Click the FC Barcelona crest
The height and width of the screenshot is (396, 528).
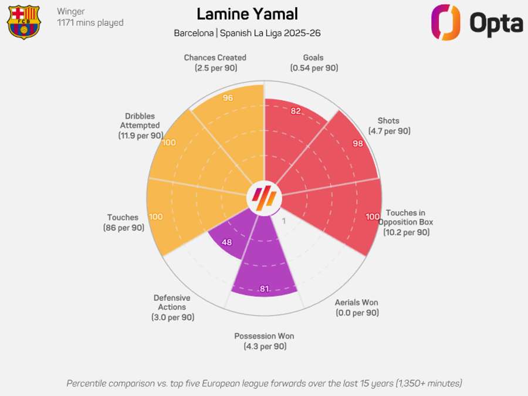pyautogui.click(x=23, y=22)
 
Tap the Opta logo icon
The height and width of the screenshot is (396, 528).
pyautogui.click(x=446, y=22)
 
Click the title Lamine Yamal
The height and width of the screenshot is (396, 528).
pyautogui.click(x=247, y=14)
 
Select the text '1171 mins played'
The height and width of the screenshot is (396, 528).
pyautogui.click(x=90, y=23)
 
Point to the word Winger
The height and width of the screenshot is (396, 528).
pyautogui.click(x=71, y=11)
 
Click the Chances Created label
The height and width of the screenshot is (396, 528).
pyautogui.click(x=215, y=63)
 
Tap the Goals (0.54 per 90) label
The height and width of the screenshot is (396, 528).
pyautogui.click(x=313, y=63)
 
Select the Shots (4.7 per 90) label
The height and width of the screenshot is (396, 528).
pyautogui.click(x=389, y=126)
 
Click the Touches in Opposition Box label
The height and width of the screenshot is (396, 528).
pyautogui.click(x=406, y=222)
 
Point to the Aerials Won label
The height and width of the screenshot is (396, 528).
pyautogui.click(x=357, y=307)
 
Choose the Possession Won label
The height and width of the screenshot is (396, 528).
pyautogui.click(x=264, y=341)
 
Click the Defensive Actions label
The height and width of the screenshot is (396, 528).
pyautogui.click(x=172, y=307)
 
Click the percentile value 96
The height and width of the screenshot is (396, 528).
pyautogui.click(x=228, y=98)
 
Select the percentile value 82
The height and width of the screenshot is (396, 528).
pyautogui.click(x=295, y=111)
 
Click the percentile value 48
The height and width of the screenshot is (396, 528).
pyautogui.click(x=226, y=242)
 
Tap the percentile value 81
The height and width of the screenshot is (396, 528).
pyautogui.click(x=264, y=288)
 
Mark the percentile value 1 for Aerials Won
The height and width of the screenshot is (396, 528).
pyautogui.click(x=284, y=221)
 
